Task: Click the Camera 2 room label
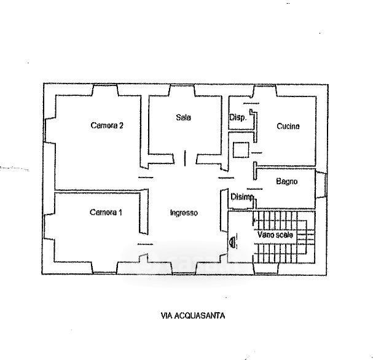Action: [107, 125]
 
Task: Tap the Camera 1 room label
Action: [106, 212]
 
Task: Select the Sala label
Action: [183, 117]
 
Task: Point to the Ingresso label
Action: [184, 213]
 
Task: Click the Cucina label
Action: [288, 126]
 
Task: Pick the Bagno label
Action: [286, 181]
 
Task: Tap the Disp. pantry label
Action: [238, 117]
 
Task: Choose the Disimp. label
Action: [242, 197]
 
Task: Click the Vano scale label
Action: [275, 235]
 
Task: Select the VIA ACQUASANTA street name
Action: [193, 316]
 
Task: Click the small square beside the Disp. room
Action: [241, 150]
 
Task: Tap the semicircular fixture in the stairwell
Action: [232, 242]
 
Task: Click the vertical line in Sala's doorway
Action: [185, 158]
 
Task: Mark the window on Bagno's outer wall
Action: [321, 185]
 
